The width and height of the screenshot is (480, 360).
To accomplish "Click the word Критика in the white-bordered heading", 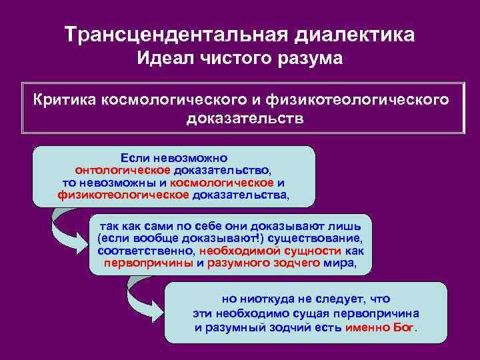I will pyautogui.click(x=64, y=100).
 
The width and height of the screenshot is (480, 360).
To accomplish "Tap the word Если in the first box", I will pyautogui.click(x=135, y=159).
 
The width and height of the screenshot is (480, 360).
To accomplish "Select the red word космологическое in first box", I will pyautogui.click(x=221, y=183).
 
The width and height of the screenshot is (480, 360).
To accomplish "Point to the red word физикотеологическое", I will pyautogui.click(x=123, y=196).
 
